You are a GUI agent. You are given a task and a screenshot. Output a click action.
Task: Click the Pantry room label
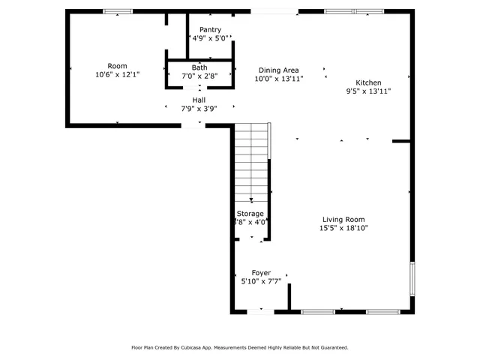click(x=210, y=30)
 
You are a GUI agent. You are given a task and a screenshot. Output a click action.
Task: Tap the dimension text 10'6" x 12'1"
click(x=117, y=75)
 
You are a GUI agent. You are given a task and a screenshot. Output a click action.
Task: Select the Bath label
click(x=199, y=67)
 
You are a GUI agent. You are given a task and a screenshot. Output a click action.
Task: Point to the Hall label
click(x=199, y=100)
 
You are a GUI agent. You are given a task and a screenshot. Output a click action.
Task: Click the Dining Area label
click(x=279, y=70)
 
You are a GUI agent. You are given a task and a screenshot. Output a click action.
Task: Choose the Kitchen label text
click(x=368, y=82)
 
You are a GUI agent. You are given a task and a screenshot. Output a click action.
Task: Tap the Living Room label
click(x=343, y=219)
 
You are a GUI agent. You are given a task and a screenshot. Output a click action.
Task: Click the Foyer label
click(x=261, y=273)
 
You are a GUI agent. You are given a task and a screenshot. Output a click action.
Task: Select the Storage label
click(x=250, y=214)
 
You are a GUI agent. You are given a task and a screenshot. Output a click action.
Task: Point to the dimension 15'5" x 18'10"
click(x=343, y=228)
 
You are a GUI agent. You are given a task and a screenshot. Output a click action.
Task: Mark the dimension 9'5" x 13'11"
click(x=368, y=91)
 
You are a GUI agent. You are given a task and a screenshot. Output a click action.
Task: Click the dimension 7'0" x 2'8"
click(x=199, y=76)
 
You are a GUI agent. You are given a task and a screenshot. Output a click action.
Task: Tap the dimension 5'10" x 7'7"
click(x=261, y=281)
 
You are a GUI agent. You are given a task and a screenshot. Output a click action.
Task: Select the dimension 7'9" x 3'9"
click(x=199, y=108)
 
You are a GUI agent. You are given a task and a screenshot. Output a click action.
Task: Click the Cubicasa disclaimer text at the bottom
click(x=240, y=347)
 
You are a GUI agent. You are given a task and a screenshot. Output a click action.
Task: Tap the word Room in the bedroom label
click(x=117, y=66)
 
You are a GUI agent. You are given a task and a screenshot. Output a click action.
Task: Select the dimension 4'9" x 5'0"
click(x=210, y=38)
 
